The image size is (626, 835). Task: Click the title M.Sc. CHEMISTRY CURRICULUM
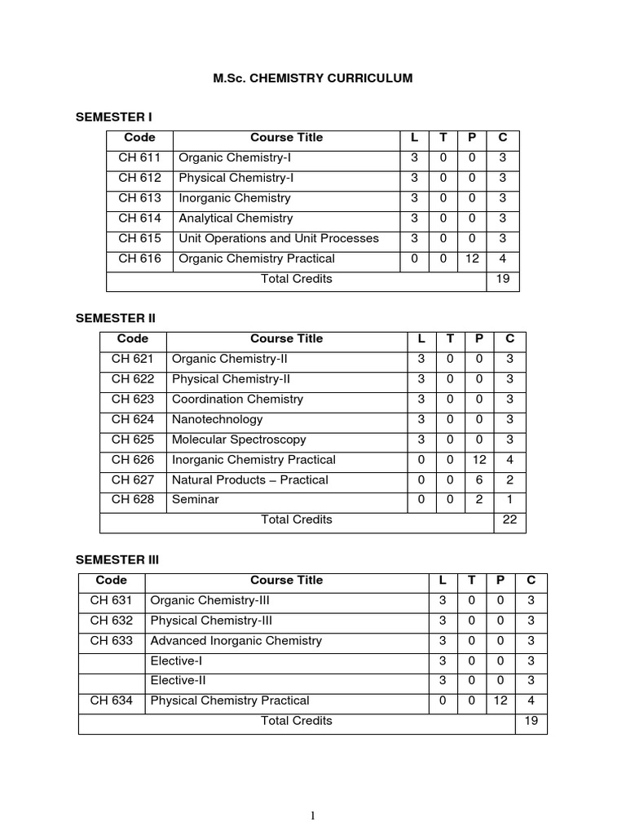pyautogui.click(x=313, y=78)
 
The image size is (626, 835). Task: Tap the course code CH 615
pyautogui.click(x=139, y=239)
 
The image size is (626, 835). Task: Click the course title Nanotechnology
pyautogui.click(x=217, y=420)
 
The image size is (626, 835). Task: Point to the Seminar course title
pyautogui.click(x=195, y=500)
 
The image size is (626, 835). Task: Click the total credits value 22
pyautogui.click(x=509, y=520)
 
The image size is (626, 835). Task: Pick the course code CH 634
pyautogui.click(x=111, y=700)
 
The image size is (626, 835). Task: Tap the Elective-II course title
pyautogui.click(x=178, y=681)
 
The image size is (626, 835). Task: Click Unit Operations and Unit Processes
pyautogui.click(x=279, y=239)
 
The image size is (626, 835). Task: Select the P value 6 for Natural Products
pyautogui.click(x=478, y=480)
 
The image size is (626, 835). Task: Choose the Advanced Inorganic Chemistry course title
pyautogui.click(x=236, y=641)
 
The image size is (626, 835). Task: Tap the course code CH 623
pyautogui.click(x=133, y=400)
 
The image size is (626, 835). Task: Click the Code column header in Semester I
pyautogui.click(x=139, y=138)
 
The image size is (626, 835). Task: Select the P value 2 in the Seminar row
pyautogui.click(x=478, y=500)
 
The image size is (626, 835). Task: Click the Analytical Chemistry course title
pyautogui.click(x=236, y=219)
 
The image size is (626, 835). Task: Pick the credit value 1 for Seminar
pyautogui.click(x=509, y=500)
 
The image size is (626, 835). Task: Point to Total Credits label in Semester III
pyautogui.click(x=297, y=721)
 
